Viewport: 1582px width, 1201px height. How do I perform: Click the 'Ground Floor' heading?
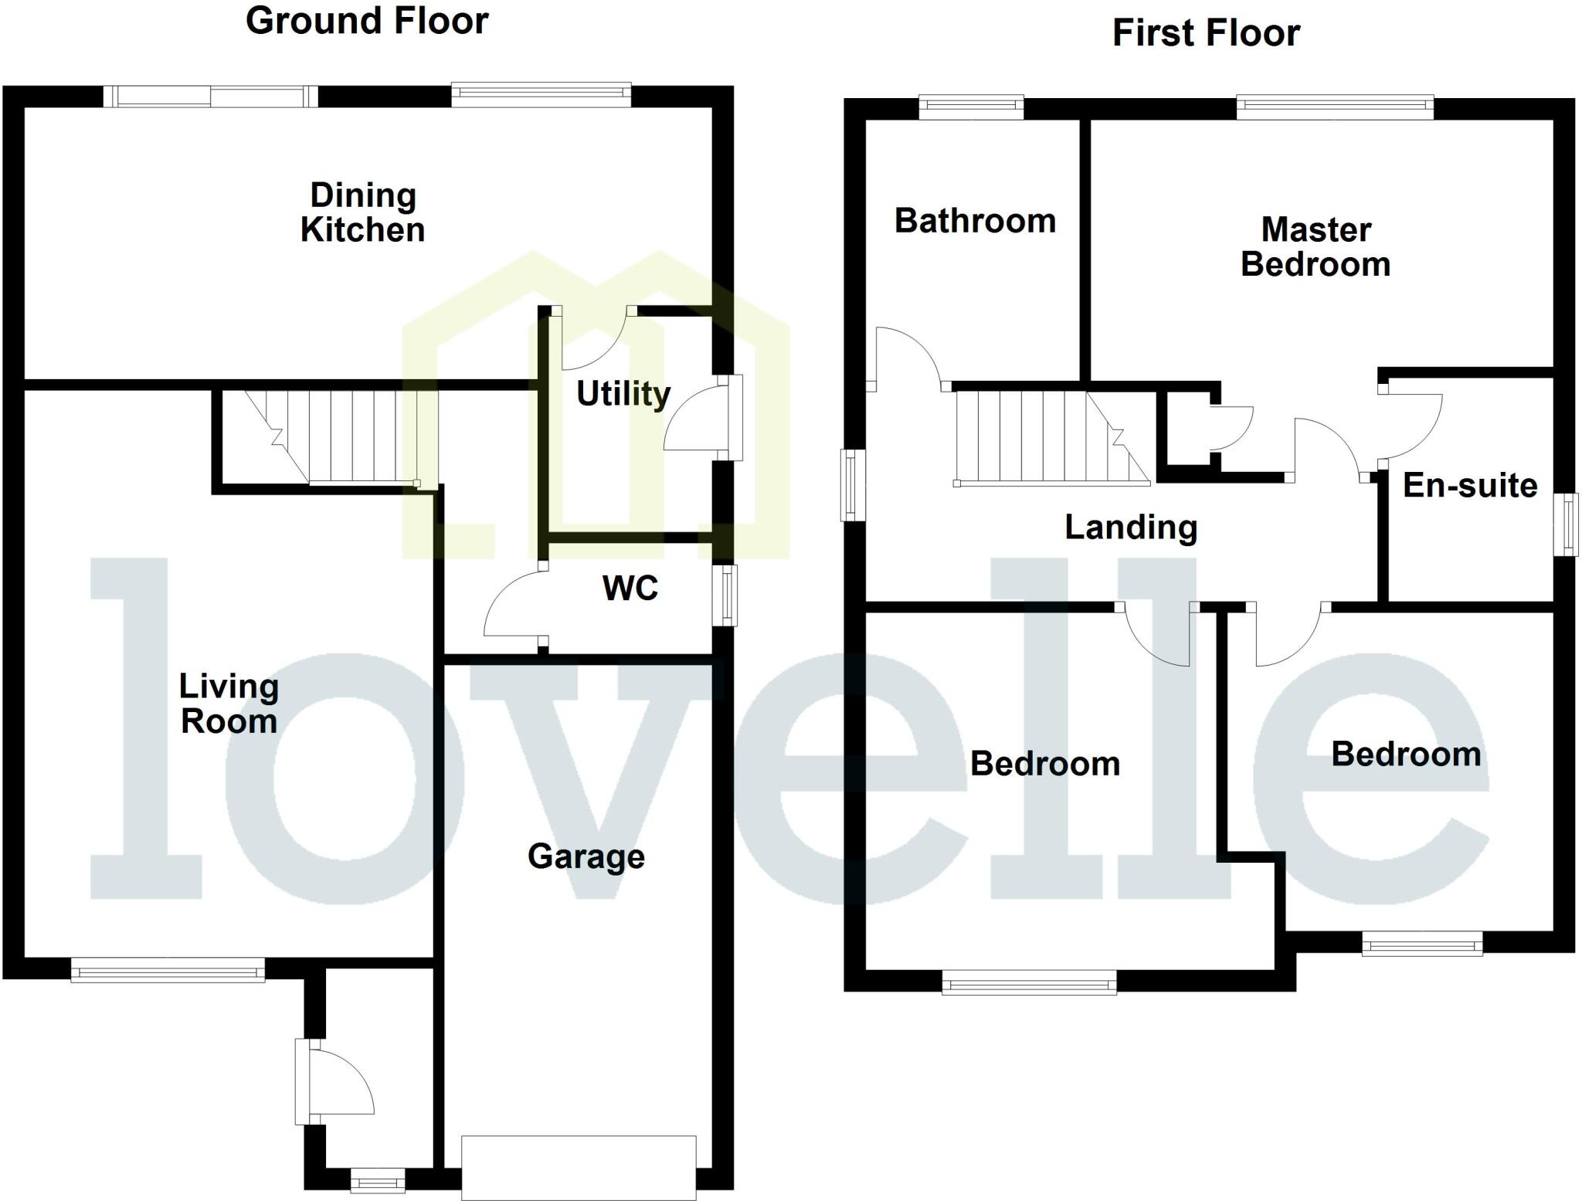point(367,21)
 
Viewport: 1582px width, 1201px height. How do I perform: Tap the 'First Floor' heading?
point(1206,34)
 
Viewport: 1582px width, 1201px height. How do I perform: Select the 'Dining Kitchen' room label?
point(362,212)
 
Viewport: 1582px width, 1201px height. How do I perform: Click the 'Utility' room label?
point(623,394)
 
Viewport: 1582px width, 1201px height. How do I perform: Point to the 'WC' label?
point(630,589)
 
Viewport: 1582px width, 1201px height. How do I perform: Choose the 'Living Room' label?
point(229,704)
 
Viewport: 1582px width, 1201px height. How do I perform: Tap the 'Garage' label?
point(586,857)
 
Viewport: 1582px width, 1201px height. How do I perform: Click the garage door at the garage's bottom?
point(579,1166)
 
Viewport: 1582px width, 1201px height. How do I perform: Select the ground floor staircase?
point(332,437)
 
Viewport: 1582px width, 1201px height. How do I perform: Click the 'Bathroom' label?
point(975,222)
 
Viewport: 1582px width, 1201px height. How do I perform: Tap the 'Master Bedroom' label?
point(1316,247)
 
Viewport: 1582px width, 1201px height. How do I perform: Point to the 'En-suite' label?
point(1469,486)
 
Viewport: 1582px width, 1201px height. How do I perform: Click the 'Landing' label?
point(1131,528)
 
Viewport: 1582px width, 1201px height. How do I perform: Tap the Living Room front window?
point(168,969)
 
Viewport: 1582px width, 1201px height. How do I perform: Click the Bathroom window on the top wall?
point(971,107)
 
